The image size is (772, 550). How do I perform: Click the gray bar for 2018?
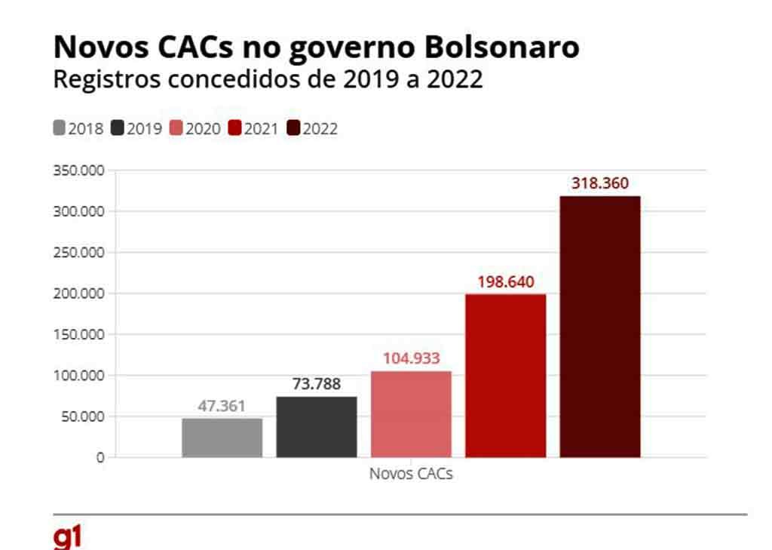coord(222,438)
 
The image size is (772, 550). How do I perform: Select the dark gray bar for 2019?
coord(317,427)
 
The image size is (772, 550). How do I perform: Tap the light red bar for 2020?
coord(411,414)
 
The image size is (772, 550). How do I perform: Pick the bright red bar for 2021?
coord(505,376)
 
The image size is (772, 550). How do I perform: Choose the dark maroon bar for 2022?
coord(600,327)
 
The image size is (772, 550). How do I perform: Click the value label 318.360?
coord(600,183)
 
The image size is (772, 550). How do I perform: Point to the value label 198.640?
coord(505,282)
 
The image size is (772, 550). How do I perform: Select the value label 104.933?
coord(411,358)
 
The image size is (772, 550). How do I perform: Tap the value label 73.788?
coord(317,384)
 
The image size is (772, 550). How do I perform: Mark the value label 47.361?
coord(222,406)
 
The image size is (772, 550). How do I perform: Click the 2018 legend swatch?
coord(60,128)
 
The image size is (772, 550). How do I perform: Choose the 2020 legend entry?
coord(195,129)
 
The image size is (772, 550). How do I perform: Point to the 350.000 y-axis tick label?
coord(78,171)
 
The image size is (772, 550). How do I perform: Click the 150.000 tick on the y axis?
coord(78,334)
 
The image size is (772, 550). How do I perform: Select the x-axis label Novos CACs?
coord(411,475)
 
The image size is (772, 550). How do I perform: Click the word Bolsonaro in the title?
coord(502,48)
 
